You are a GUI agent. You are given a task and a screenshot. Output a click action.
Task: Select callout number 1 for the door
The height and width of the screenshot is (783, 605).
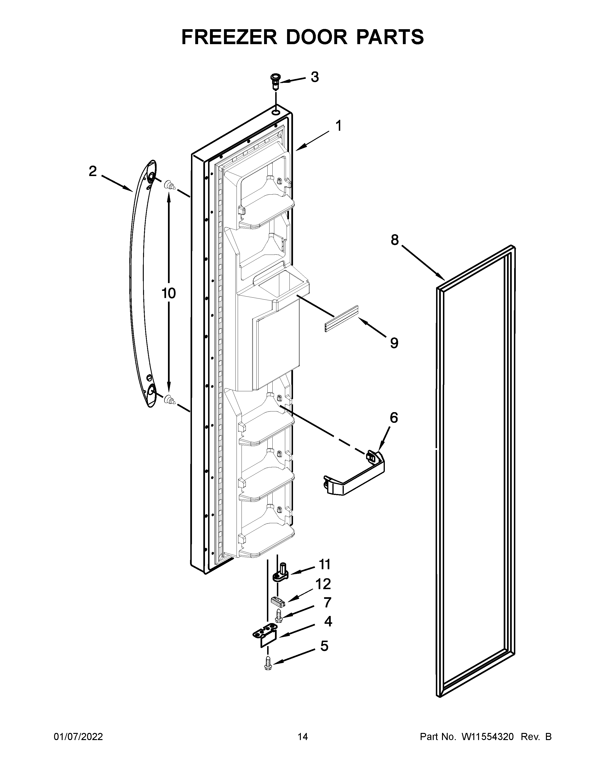[338, 126]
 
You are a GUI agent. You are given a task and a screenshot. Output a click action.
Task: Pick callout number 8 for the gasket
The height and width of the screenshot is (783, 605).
[394, 240]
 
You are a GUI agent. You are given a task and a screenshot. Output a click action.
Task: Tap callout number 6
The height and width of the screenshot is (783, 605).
[394, 418]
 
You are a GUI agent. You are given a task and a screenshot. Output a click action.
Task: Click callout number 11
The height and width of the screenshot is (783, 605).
[324, 565]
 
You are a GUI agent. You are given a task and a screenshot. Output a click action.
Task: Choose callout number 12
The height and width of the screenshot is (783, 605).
[323, 584]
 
